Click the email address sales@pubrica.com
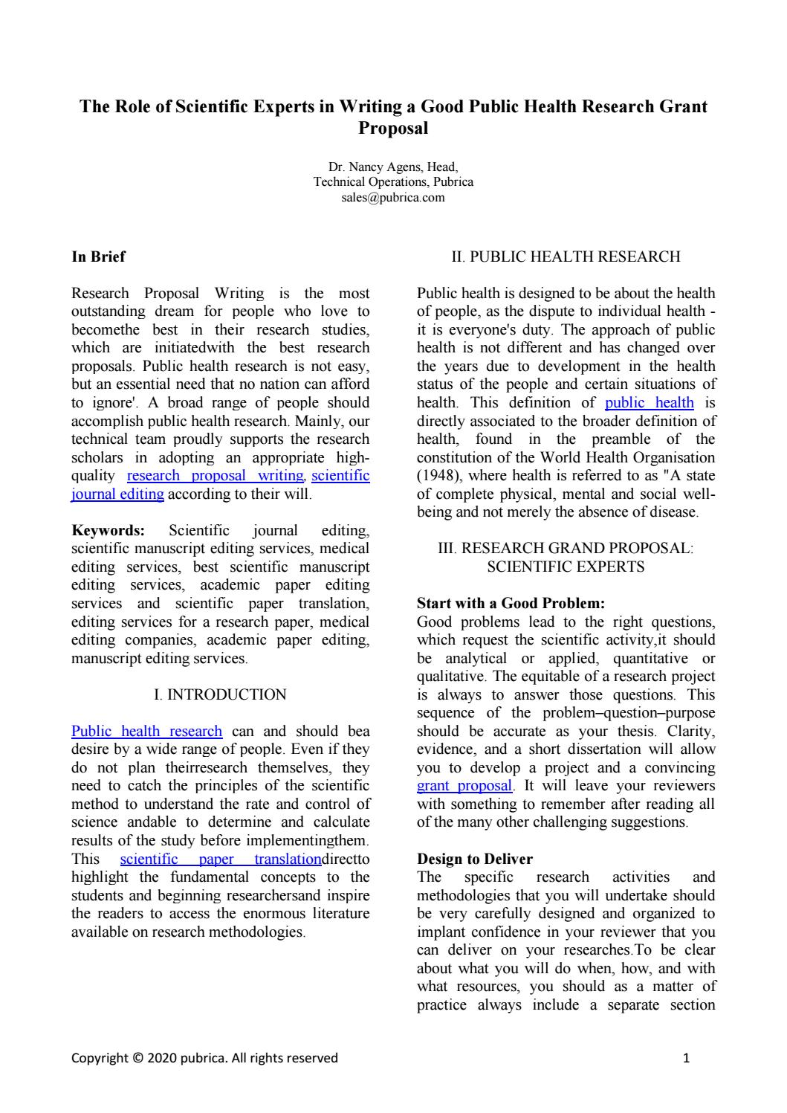(393, 197)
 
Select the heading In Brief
(98, 257)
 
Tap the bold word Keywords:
(108, 531)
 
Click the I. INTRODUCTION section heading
(220, 695)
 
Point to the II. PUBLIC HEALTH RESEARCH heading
(566, 257)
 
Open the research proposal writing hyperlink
(216, 476)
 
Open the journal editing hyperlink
(117, 494)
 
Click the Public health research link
(146, 732)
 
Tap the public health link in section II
(649, 403)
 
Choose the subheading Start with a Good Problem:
(511, 604)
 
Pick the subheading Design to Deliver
(475, 859)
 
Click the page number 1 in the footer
(686, 1058)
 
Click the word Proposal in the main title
(393, 128)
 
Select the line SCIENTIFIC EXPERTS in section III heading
(566, 567)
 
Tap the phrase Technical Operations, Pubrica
(393, 182)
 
